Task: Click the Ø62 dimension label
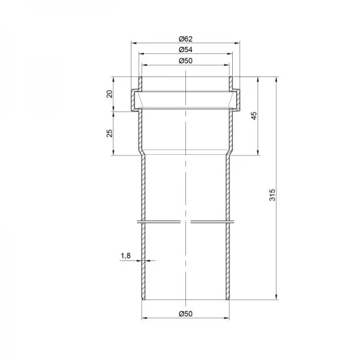(185, 39)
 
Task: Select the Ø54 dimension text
(185, 50)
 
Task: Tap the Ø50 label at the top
(185, 61)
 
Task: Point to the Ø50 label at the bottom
(185, 314)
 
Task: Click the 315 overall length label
(272, 194)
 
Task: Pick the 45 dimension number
(254, 116)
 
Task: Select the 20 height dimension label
(110, 94)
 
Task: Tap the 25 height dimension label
(110, 133)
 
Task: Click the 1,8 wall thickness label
(125, 256)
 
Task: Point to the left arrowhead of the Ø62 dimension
(134, 43)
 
